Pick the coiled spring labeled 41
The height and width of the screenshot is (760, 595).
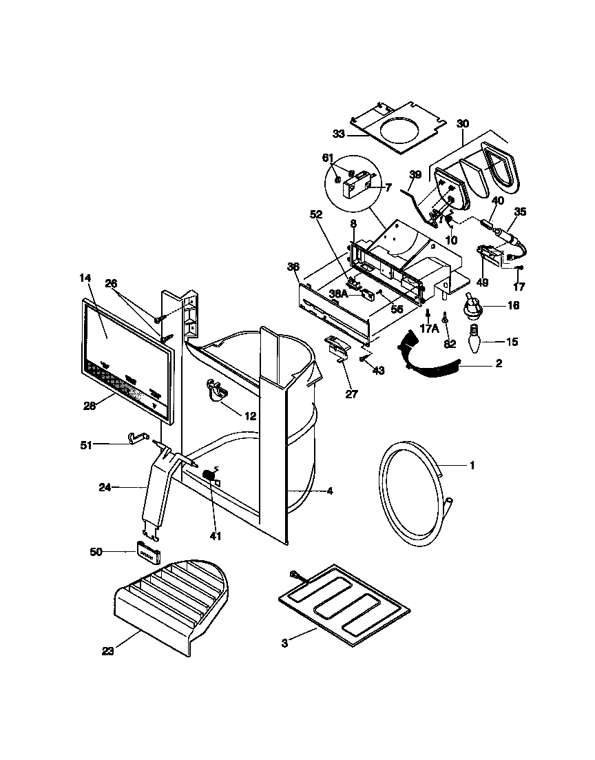click(x=209, y=476)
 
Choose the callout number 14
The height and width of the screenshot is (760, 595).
click(x=85, y=278)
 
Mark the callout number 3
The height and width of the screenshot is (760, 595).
click(x=284, y=643)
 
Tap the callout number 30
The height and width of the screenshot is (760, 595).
click(x=463, y=123)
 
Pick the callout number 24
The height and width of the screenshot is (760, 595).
click(x=105, y=487)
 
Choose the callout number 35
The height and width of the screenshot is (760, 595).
click(x=520, y=212)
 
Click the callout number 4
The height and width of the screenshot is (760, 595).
click(x=330, y=491)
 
